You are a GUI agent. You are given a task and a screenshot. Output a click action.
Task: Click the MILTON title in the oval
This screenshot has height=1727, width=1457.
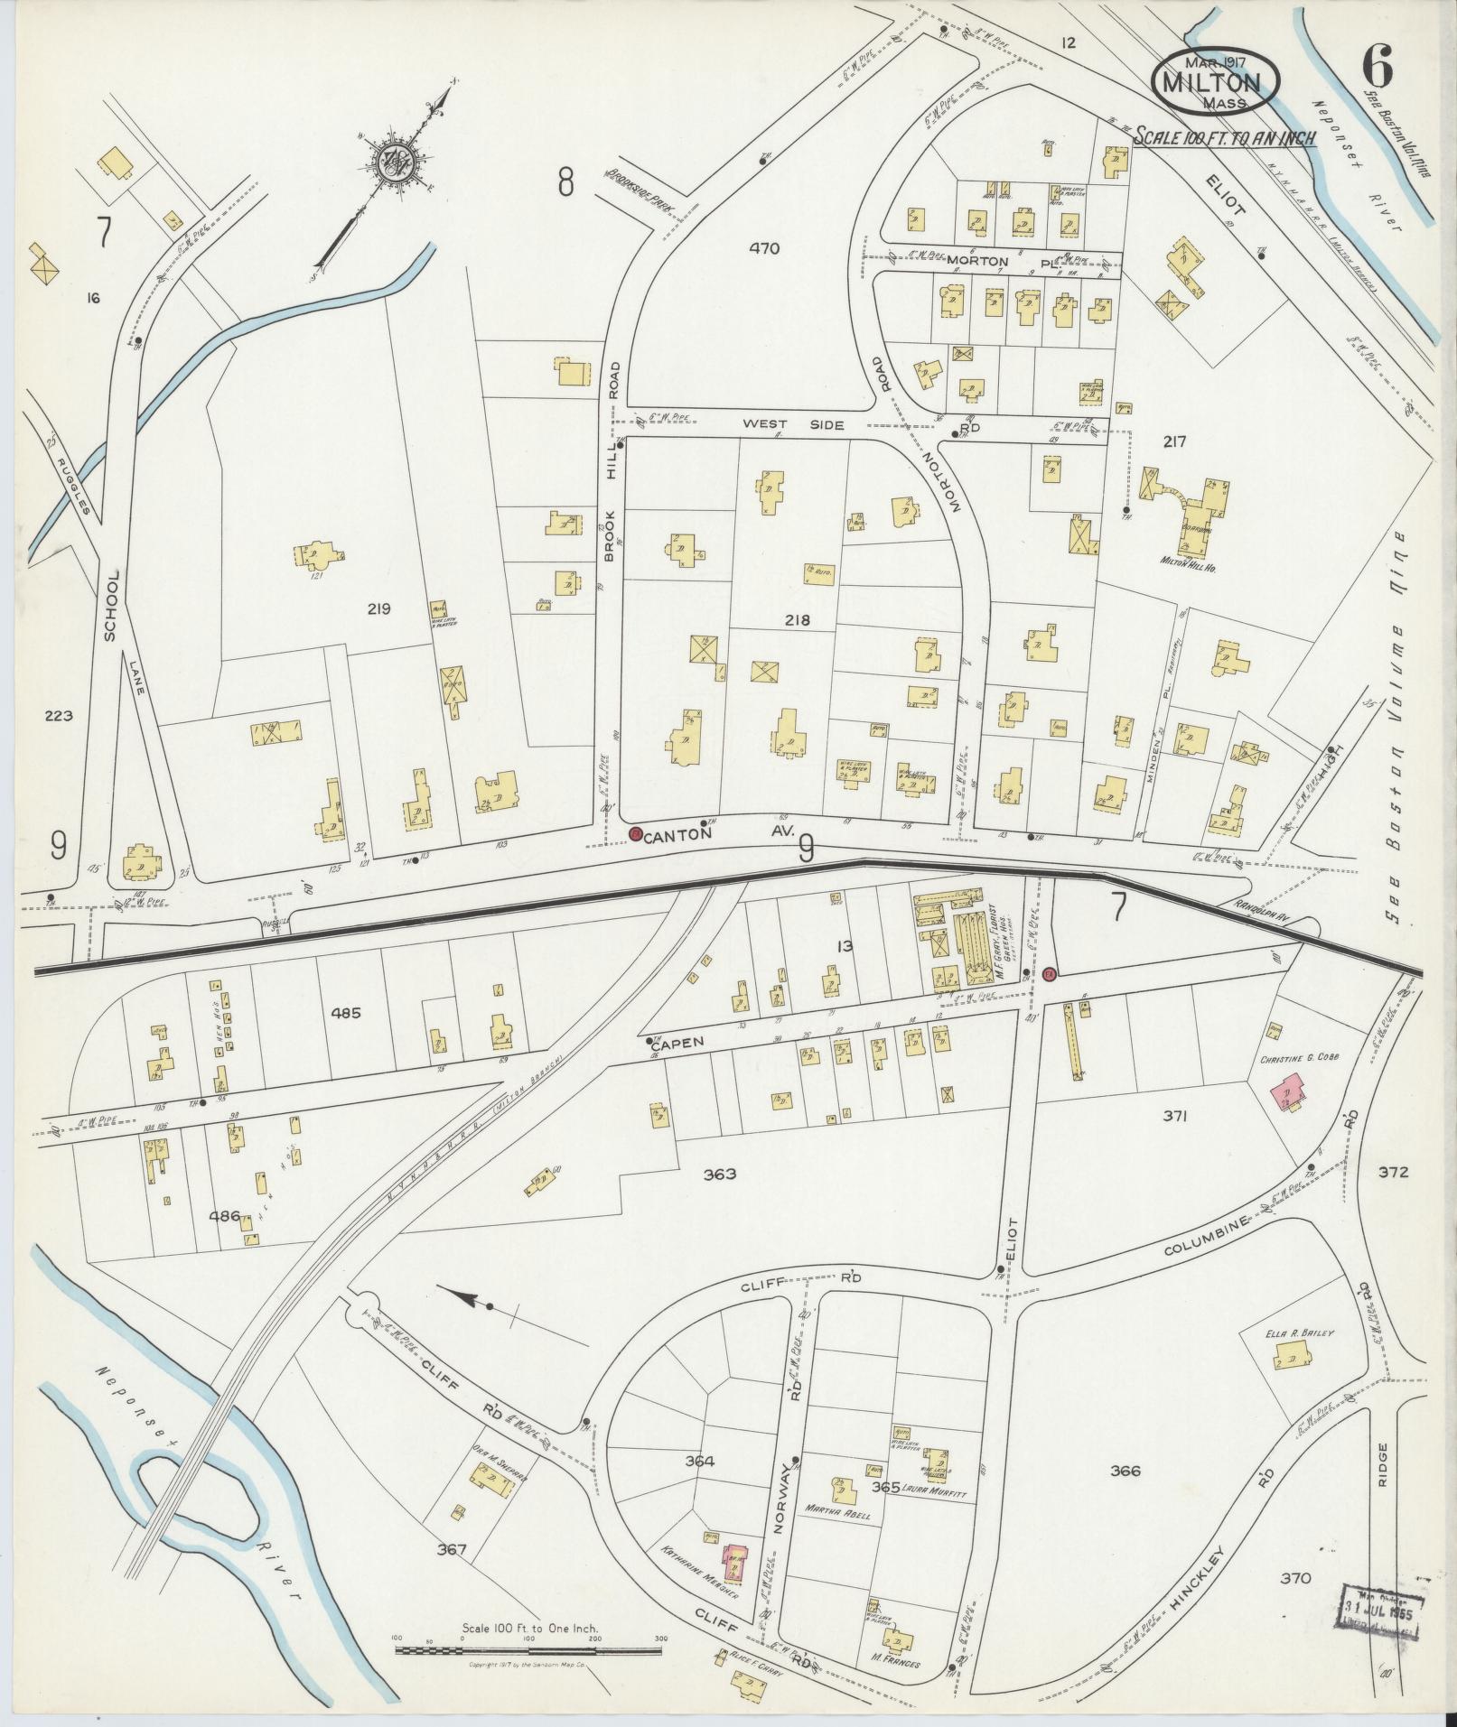pyautogui.click(x=1216, y=82)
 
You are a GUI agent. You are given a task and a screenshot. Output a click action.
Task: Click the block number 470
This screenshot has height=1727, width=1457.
pyautogui.click(x=764, y=248)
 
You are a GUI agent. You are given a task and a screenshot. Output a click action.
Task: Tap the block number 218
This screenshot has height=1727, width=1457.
pyautogui.click(x=798, y=620)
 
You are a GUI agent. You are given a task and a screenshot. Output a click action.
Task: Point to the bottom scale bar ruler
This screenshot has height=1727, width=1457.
pyautogui.click(x=528, y=1649)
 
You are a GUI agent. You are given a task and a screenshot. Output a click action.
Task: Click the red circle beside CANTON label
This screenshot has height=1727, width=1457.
pyautogui.click(x=635, y=833)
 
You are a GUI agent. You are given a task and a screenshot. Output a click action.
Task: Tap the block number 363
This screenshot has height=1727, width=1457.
pyautogui.click(x=719, y=1174)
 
